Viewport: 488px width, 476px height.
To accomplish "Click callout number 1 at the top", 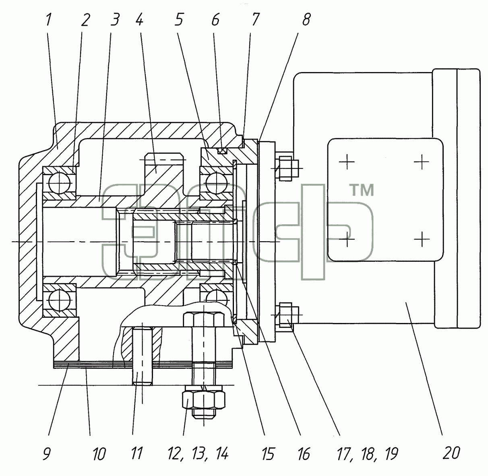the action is (x=49, y=20).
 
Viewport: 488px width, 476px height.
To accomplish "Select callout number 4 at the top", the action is (x=139, y=20).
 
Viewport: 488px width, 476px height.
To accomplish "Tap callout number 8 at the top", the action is (x=306, y=20).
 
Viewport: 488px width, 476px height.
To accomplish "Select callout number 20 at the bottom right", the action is (x=451, y=453).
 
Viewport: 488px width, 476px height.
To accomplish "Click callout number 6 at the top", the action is (x=215, y=20).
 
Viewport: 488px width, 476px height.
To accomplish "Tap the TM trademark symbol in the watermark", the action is (x=363, y=190).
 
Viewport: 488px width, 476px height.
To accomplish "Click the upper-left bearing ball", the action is (x=60, y=183).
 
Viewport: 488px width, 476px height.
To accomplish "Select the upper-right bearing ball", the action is (x=216, y=183).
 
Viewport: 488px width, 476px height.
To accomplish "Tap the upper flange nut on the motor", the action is (x=285, y=168).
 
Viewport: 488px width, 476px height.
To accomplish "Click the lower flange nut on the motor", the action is (x=285, y=315).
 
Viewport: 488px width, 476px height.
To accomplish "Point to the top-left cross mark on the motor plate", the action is (x=347, y=162).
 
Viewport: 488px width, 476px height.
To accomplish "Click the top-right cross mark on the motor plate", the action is (x=422, y=162).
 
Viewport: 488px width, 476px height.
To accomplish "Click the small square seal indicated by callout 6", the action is (x=222, y=151).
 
